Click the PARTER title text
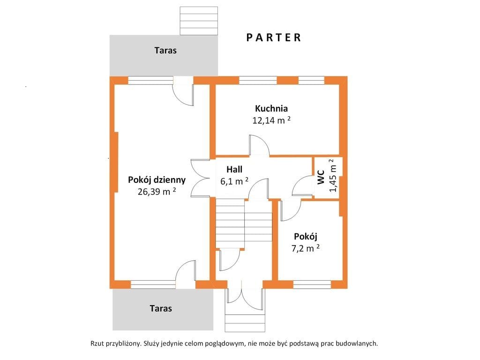(x=274, y=37)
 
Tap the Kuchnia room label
(x=271, y=108)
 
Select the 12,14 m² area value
(x=271, y=120)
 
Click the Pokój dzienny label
(x=157, y=180)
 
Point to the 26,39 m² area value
(x=157, y=191)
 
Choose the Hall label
(x=234, y=169)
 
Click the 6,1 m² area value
(x=234, y=181)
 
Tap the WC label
(x=321, y=177)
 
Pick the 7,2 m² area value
(x=306, y=248)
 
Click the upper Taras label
(x=165, y=50)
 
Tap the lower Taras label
(x=161, y=308)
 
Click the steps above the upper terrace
(x=199, y=21)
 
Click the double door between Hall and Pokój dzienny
(x=200, y=178)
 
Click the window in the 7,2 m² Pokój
(x=312, y=285)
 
